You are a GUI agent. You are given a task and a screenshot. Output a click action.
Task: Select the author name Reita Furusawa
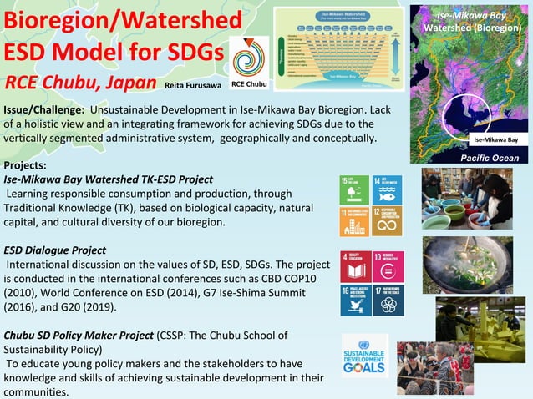tap(191, 85)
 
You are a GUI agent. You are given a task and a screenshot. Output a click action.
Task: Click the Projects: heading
tap(25, 165)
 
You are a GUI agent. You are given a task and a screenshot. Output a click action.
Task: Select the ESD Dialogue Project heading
tap(55, 250)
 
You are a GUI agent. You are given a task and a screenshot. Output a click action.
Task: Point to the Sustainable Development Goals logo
tap(365, 356)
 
